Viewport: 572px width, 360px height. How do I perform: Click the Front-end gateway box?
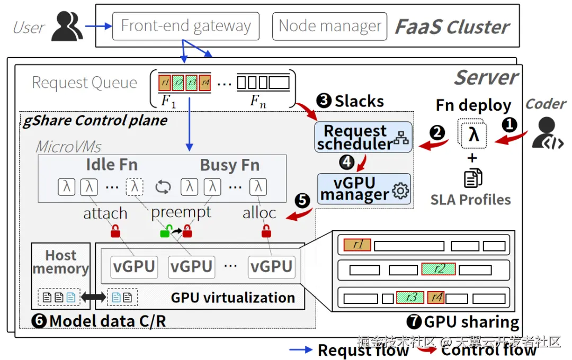tap(186, 26)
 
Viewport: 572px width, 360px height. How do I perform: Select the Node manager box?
tap(329, 26)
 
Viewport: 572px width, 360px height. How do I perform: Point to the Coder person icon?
tap(546, 135)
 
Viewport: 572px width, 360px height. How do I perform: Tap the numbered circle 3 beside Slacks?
tap(324, 101)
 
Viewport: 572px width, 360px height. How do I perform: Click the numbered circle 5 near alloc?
tap(302, 201)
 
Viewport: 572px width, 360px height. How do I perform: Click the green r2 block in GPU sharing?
tap(439, 269)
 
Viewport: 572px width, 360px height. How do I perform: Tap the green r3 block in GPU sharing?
tap(410, 298)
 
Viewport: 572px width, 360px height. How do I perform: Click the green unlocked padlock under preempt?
tap(166, 231)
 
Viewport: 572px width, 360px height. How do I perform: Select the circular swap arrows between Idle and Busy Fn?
tap(163, 186)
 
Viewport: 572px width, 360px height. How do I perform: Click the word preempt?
tap(181, 213)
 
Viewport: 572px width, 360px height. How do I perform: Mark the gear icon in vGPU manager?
tap(401, 191)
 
